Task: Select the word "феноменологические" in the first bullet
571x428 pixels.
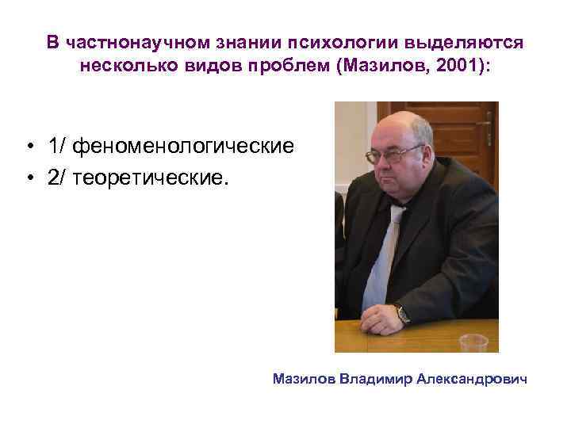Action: pyautogui.click(x=170, y=147)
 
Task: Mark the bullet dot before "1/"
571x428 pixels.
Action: pyautogui.click(x=28, y=148)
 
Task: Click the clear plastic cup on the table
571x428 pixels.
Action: pyautogui.click(x=473, y=342)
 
